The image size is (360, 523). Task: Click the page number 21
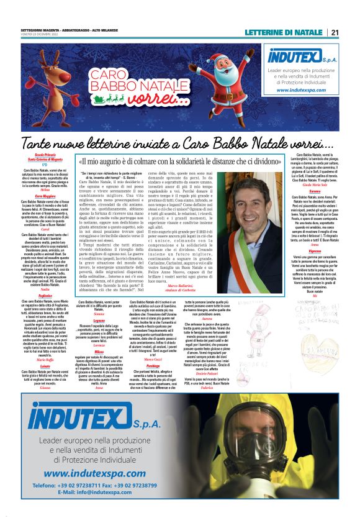click(335, 32)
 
